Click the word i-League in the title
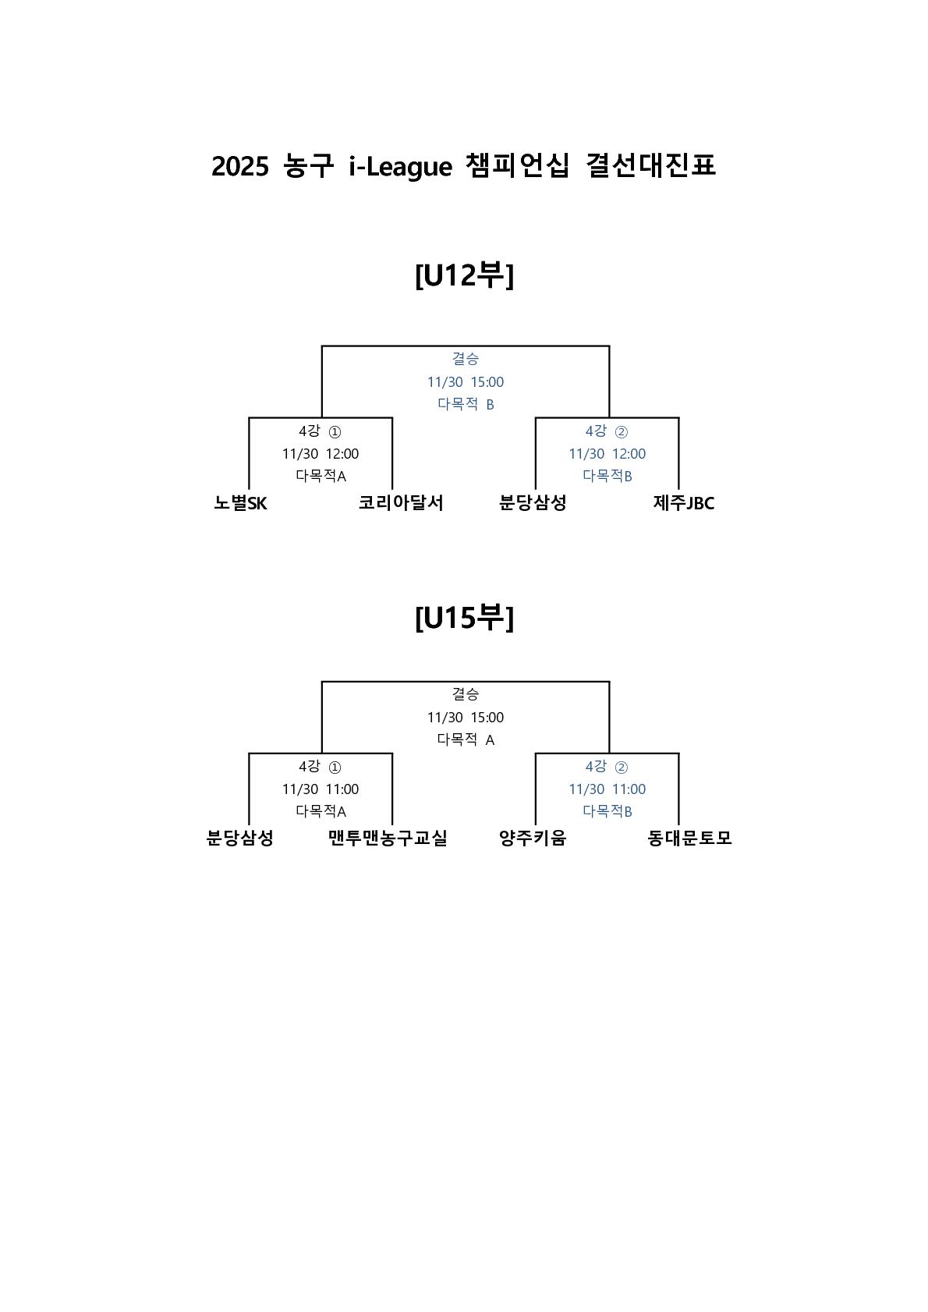(400, 166)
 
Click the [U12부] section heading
(464, 275)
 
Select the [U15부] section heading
(464, 618)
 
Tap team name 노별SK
(240, 503)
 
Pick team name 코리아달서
(401, 503)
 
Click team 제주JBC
(684, 503)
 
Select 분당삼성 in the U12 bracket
(533, 503)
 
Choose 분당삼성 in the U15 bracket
(239, 839)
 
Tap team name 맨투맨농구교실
(388, 839)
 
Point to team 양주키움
(533, 839)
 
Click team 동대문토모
(689, 839)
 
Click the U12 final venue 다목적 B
(466, 404)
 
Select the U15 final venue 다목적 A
(466, 739)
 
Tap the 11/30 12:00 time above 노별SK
(321, 454)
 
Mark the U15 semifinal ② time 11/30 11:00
(607, 789)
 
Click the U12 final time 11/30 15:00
(466, 382)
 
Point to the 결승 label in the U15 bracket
(466, 693)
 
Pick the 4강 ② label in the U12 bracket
(607, 431)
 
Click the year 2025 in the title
(239, 166)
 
